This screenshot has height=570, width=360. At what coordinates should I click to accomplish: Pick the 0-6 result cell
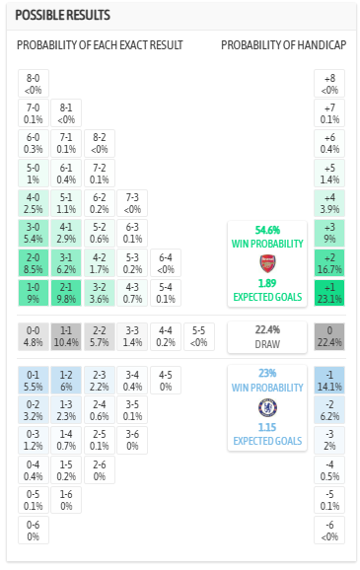click(x=33, y=531)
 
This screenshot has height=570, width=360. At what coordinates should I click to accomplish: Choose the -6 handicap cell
click(x=328, y=531)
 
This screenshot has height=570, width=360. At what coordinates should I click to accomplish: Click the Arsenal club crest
click(x=266, y=263)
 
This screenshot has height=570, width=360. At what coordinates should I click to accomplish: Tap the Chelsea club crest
click(x=266, y=406)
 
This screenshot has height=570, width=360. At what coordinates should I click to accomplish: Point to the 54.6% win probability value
click(x=266, y=229)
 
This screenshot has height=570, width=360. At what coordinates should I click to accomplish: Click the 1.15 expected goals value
click(x=266, y=427)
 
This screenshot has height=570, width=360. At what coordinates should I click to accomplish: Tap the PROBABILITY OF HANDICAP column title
click(x=282, y=46)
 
